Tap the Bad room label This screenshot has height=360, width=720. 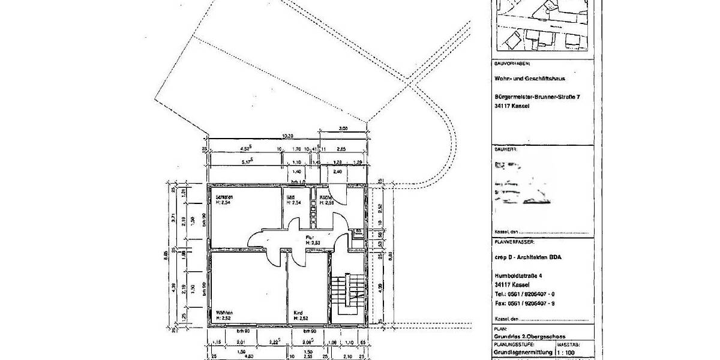pyautogui.click(x=290, y=197)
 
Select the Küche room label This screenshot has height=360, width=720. pyautogui.click(x=326, y=197)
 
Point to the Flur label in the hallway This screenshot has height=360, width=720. pyautogui.click(x=310, y=238)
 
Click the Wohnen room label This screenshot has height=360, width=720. pyautogui.click(x=224, y=313)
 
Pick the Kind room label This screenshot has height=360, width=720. pyautogui.click(x=298, y=313)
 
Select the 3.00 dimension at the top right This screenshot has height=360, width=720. pyautogui.click(x=343, y=128)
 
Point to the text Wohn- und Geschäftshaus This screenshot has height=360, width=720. pyautogui.click(x=530, y=79)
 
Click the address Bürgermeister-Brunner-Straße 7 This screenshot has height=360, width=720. pyautogui.click(x=538, y=97)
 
